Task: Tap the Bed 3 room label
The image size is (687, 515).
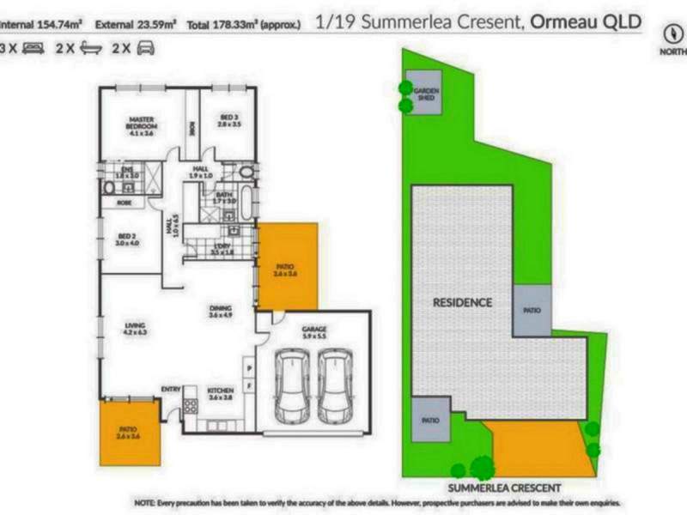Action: tap(228, 120)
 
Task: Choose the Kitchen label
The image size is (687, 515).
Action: tap(221, 394)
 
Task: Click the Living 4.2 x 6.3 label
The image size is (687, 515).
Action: tap(135, 327)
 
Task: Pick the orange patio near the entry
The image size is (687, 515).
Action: tap(130, 434)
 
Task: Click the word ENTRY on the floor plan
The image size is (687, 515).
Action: tap(170, 389)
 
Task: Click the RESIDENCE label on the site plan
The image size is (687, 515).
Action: tap(462, 302)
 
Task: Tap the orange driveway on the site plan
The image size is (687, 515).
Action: tap(541, 446)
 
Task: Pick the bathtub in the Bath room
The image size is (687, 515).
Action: tap(248, 203)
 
